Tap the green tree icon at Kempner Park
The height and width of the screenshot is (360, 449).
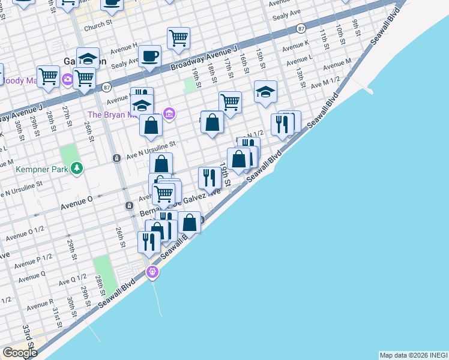pos(76,169)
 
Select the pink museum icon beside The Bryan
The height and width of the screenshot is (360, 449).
pos(169,114)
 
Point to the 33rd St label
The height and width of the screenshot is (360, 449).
pos(28,334)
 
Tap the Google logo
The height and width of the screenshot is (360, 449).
pos(20,353)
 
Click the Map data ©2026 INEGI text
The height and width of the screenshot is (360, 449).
pos(413,355)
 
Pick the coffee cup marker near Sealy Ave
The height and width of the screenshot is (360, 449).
pos(149,56)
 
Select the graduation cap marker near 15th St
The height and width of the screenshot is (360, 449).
pos(265,91)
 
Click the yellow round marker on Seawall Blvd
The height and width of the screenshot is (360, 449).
pos(152,272)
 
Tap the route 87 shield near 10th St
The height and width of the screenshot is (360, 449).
pos(301,28)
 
